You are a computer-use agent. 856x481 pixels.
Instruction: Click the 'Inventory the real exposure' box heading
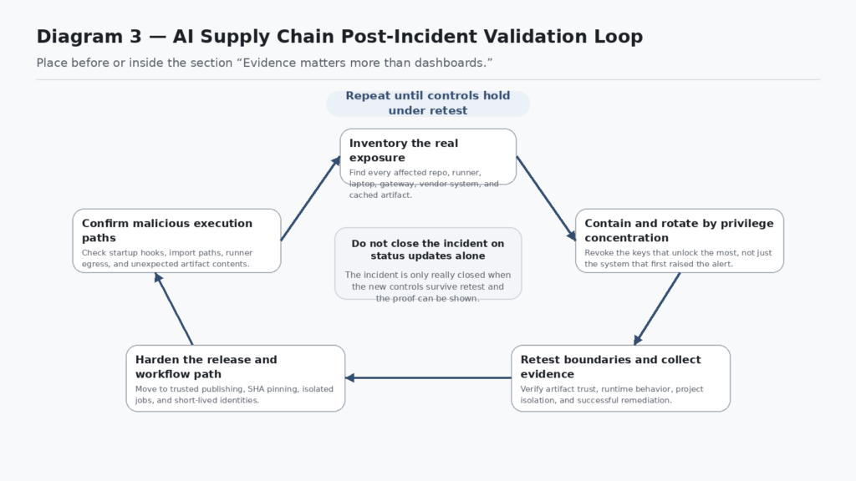(x=404, y=150)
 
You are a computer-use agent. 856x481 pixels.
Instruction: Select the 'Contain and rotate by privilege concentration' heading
(x=679, y=230)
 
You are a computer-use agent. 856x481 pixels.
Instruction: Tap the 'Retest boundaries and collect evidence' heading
(x=610, y=367)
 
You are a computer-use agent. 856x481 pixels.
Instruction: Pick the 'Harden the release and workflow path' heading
(x=206, y=367)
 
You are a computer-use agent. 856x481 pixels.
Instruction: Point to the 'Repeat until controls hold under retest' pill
(x=428, y=104)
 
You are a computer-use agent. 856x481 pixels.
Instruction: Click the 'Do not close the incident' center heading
(x=428, y=250)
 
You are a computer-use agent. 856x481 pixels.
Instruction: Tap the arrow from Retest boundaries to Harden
(x=428, y=377)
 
